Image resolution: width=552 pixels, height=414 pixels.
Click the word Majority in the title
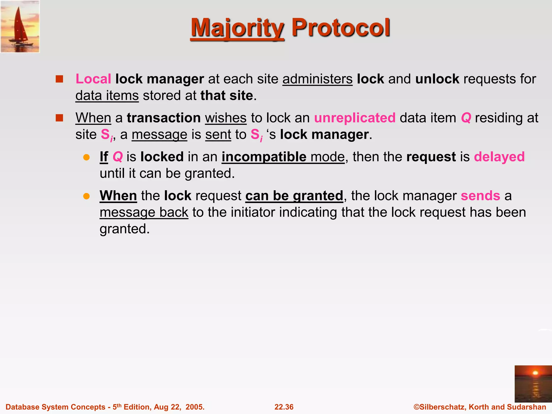point(237,28)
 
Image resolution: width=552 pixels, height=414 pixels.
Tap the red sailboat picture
point(20,26)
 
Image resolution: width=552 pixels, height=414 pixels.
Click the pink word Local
point(93,79)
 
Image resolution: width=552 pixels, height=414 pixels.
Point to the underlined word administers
point(317,79)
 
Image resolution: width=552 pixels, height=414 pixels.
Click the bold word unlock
point(437,79)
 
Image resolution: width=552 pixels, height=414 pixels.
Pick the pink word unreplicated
point(355,118)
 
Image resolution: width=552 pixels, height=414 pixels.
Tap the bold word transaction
point(164,118)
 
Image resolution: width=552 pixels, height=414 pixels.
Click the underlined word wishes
point(226,118)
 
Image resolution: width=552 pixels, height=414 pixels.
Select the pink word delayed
point(499,157)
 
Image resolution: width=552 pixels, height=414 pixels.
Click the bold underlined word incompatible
point(264,157)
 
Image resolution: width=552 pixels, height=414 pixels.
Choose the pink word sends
point(480,195)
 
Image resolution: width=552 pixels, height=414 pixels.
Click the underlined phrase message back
point(144,212)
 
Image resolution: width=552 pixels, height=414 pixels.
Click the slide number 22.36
point(284,407)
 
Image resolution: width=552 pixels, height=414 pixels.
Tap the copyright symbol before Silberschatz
point(416,407)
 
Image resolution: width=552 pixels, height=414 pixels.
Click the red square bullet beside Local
point(59,79)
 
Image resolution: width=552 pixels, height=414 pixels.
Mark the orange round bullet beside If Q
point(86,157)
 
